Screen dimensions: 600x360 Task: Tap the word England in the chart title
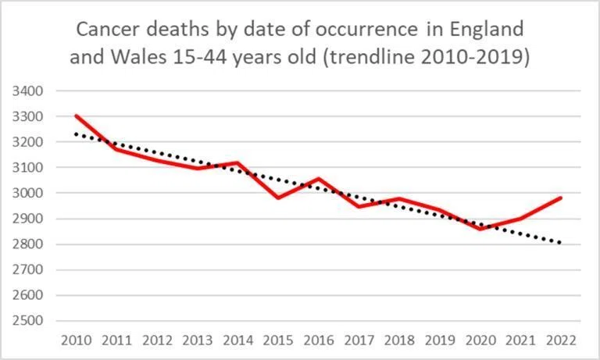487,30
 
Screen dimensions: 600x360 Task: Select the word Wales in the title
139,57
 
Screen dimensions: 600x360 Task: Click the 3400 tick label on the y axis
27,91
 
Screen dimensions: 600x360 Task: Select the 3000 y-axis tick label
27,193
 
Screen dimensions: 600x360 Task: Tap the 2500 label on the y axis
27,321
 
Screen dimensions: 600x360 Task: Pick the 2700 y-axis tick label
27,269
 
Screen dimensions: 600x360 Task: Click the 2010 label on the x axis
77,340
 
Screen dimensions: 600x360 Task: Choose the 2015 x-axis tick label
279,340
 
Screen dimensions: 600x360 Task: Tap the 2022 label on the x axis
561,340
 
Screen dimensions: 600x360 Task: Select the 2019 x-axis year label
440,340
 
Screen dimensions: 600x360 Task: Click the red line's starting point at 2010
77,116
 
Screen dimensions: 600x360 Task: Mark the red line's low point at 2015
279,198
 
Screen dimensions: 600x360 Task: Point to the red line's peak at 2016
319,179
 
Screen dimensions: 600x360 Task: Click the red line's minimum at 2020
480,229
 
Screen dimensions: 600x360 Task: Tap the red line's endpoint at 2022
561,198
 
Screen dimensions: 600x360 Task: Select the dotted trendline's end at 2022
560,242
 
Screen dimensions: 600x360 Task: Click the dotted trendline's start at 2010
77,134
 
